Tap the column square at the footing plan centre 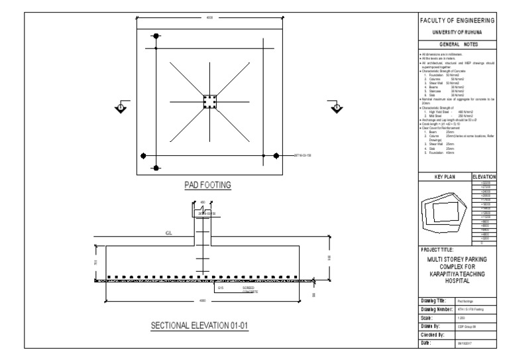coord(209,103)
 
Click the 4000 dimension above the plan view coord(209,18)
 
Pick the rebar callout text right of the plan coord(303,155)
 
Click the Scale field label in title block coord(429,318)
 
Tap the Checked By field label coord(435,335)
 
